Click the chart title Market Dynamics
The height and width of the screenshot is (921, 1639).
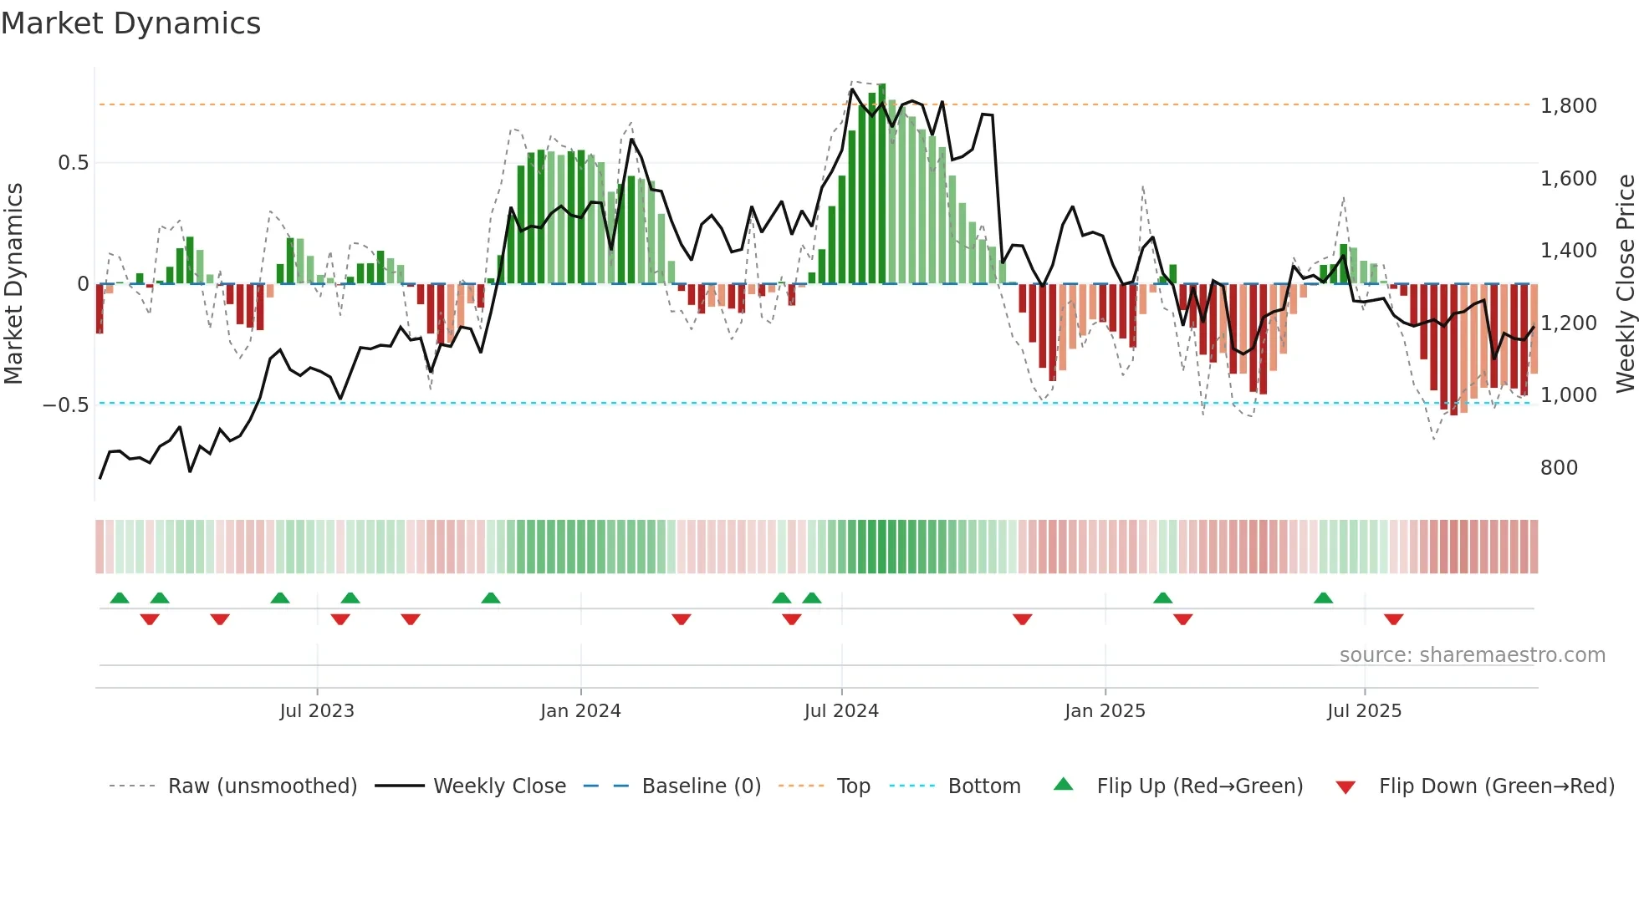click(131, 23)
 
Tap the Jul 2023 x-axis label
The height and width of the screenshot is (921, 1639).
click(317, 711)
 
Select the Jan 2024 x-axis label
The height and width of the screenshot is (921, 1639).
click(580, 711)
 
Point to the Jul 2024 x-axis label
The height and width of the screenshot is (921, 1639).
click(841, 711)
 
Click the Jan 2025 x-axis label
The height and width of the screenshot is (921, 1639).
click(1105, 711)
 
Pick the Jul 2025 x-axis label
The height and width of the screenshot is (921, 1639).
click(1364, 711)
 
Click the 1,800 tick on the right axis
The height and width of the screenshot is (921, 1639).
click(1568, 106)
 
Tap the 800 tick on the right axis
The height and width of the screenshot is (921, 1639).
click(1559, 468)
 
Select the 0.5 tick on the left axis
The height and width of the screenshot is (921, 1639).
click(73, 163)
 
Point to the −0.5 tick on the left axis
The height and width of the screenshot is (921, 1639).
click(66, 405)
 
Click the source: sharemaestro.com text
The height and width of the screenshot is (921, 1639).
click(1472, 655)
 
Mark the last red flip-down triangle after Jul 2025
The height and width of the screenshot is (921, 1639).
click(1393, 619)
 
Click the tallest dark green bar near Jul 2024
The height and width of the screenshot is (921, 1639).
click(881, 184)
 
